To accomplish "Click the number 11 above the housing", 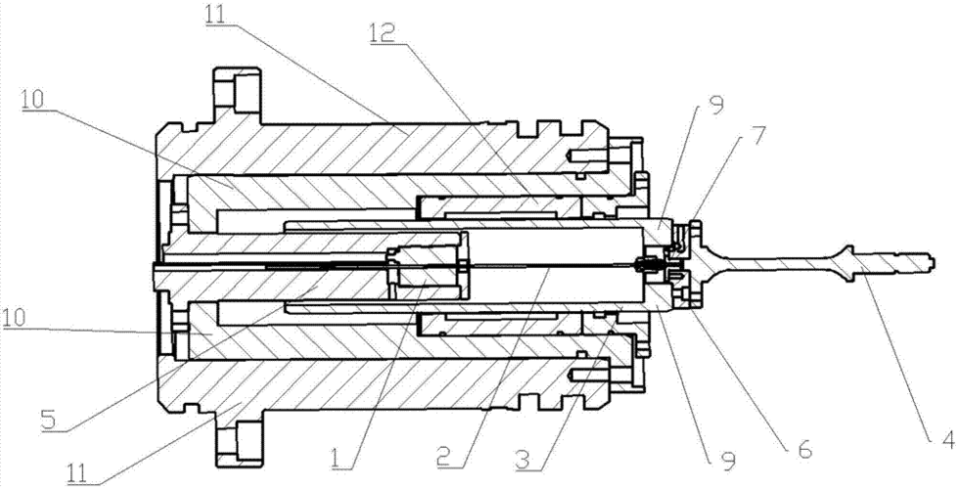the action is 215,14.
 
